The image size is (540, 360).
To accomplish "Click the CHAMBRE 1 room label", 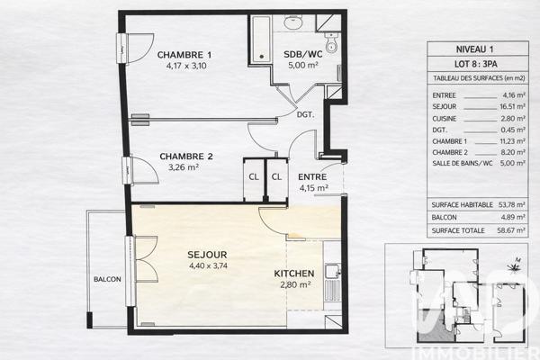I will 184,54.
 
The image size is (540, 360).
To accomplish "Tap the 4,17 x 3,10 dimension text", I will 184,65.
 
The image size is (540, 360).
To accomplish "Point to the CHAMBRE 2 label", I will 186,157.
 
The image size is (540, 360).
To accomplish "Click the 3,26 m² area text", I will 186,167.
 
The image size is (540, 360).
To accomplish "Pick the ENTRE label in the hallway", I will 312,176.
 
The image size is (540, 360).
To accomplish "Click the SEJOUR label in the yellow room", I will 207,255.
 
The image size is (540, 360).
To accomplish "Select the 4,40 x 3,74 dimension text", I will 207,265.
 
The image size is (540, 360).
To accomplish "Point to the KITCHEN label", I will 293,274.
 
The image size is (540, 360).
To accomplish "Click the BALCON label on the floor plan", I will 107,280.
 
